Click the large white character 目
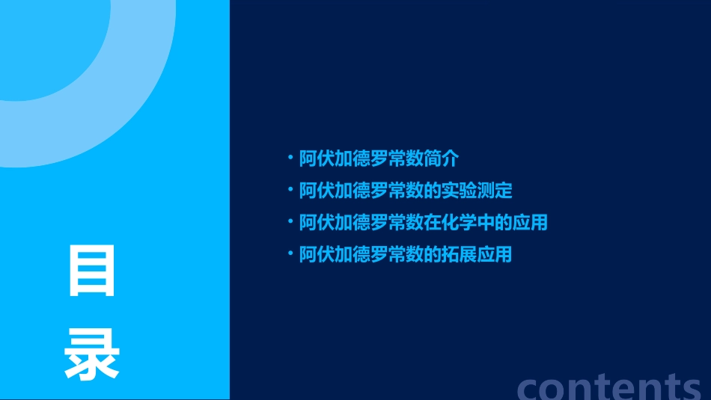coord(92,271)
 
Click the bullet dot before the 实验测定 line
coord(291,189)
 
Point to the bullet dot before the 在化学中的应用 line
coord(291,221)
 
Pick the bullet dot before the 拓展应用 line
coord(291,253)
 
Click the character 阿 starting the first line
coord(308,159)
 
